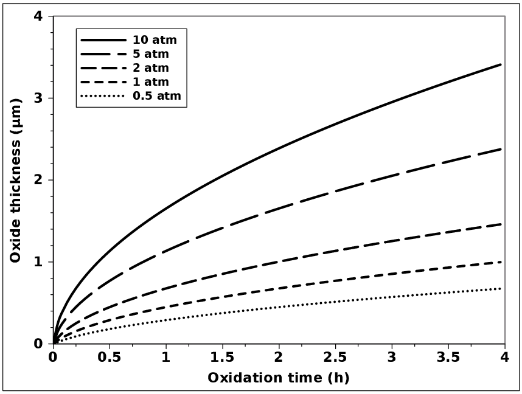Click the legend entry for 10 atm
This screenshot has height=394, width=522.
click(x=155, y=40)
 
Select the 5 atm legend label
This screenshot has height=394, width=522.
click(x=152, y=54)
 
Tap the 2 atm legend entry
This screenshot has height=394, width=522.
click(x=152, y=68)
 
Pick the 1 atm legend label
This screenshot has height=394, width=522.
click(x=152, y=81)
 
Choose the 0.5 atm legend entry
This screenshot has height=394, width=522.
click(x=157, y=95)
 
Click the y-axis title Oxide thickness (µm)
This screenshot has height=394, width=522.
click(x=16, y=180)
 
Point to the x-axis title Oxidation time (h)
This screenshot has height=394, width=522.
click(x=279, y=378)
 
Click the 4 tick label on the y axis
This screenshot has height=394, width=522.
click(x=38, y=16)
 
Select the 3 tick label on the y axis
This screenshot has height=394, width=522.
click(x=38, y=98)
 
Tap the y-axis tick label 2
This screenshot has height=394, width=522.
click(x=38, y=180)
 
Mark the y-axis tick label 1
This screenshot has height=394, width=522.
click(x=38, y=262)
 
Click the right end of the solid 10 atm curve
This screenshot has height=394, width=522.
click(x=501, y=64)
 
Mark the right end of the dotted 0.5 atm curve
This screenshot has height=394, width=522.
click(x=501, y=288)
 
